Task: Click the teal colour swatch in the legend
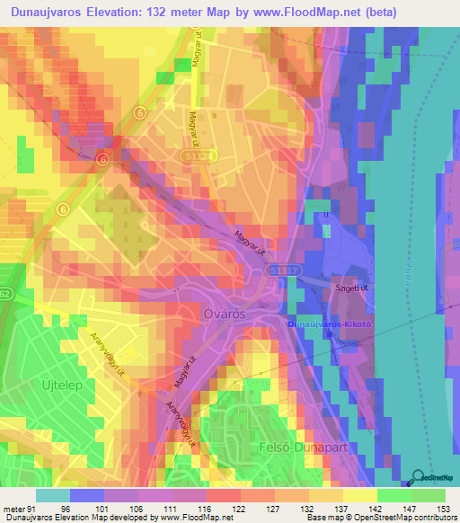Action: [53, 495]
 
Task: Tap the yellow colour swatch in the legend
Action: [360, 495]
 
